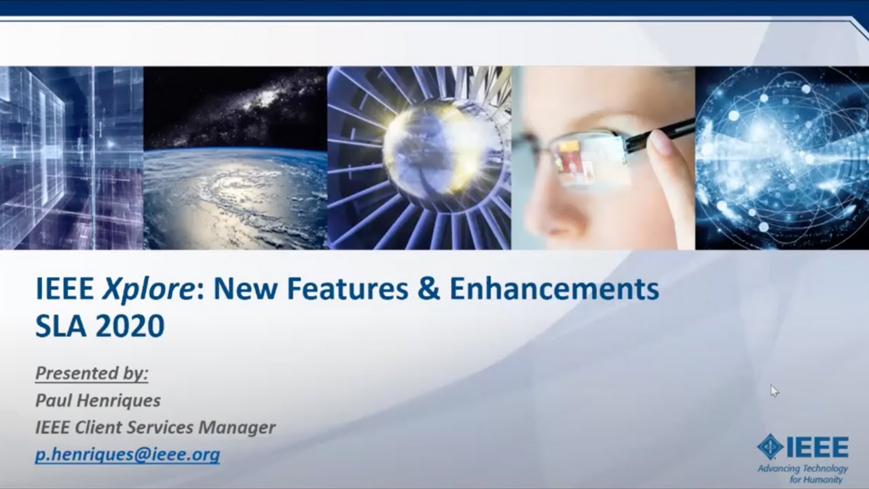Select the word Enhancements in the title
click(554, 289)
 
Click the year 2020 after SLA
click(130, 327)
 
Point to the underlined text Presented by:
click(92, 374)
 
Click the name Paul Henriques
click(98, 401)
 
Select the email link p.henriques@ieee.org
click(128, 454)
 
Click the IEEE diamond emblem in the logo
click(770, 448)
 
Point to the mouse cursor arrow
click(774, 390)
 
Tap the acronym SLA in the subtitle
click(59, 327)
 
